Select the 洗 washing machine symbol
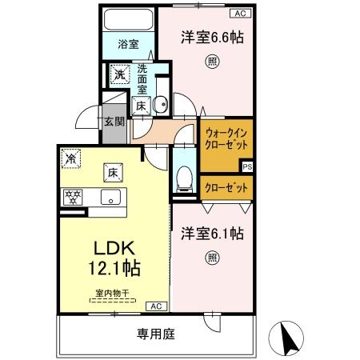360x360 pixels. tap(118, 74)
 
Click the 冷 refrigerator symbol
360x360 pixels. tap(71, 158)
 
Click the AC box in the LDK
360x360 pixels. tap(156, 306)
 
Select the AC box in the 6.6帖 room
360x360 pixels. tap(238, 13)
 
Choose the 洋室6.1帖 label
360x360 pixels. tap(211, 234)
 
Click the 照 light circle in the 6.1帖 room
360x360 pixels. tap(211, 257)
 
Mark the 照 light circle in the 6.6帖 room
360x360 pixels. tap(210, 62)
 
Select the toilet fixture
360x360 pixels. tap(183, 176)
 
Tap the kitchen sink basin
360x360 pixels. tap(110, 198)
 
